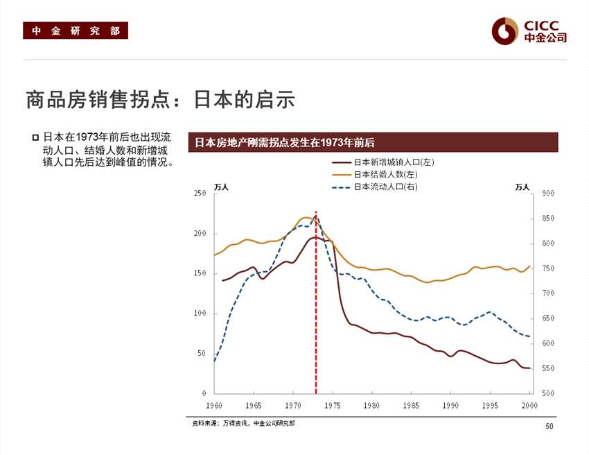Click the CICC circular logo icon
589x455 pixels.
(504, 30)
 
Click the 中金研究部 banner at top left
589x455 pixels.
(76, 31)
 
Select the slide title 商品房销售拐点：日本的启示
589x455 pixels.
(160, 99)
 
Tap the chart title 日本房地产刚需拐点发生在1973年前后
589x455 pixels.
(285, 142)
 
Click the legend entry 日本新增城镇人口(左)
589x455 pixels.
(394, 162)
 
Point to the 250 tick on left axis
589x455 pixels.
(200, 194)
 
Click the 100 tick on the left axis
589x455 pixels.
(200, 314)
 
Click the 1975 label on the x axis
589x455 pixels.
(333, 405)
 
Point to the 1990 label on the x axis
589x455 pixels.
(451, 405)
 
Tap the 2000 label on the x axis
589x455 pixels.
(530, 405)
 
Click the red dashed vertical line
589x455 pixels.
(316, 312)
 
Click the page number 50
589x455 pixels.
(550, 426)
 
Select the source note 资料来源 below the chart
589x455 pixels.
(243, 422)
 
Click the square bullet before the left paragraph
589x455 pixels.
(35, 137)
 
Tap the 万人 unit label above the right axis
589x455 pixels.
(522, 187)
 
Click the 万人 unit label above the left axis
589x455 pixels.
(221, 187)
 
